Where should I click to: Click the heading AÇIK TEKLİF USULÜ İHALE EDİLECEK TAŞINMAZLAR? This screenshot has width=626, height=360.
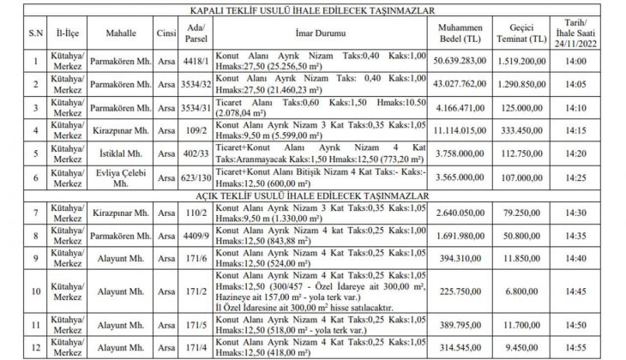[312, 196]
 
